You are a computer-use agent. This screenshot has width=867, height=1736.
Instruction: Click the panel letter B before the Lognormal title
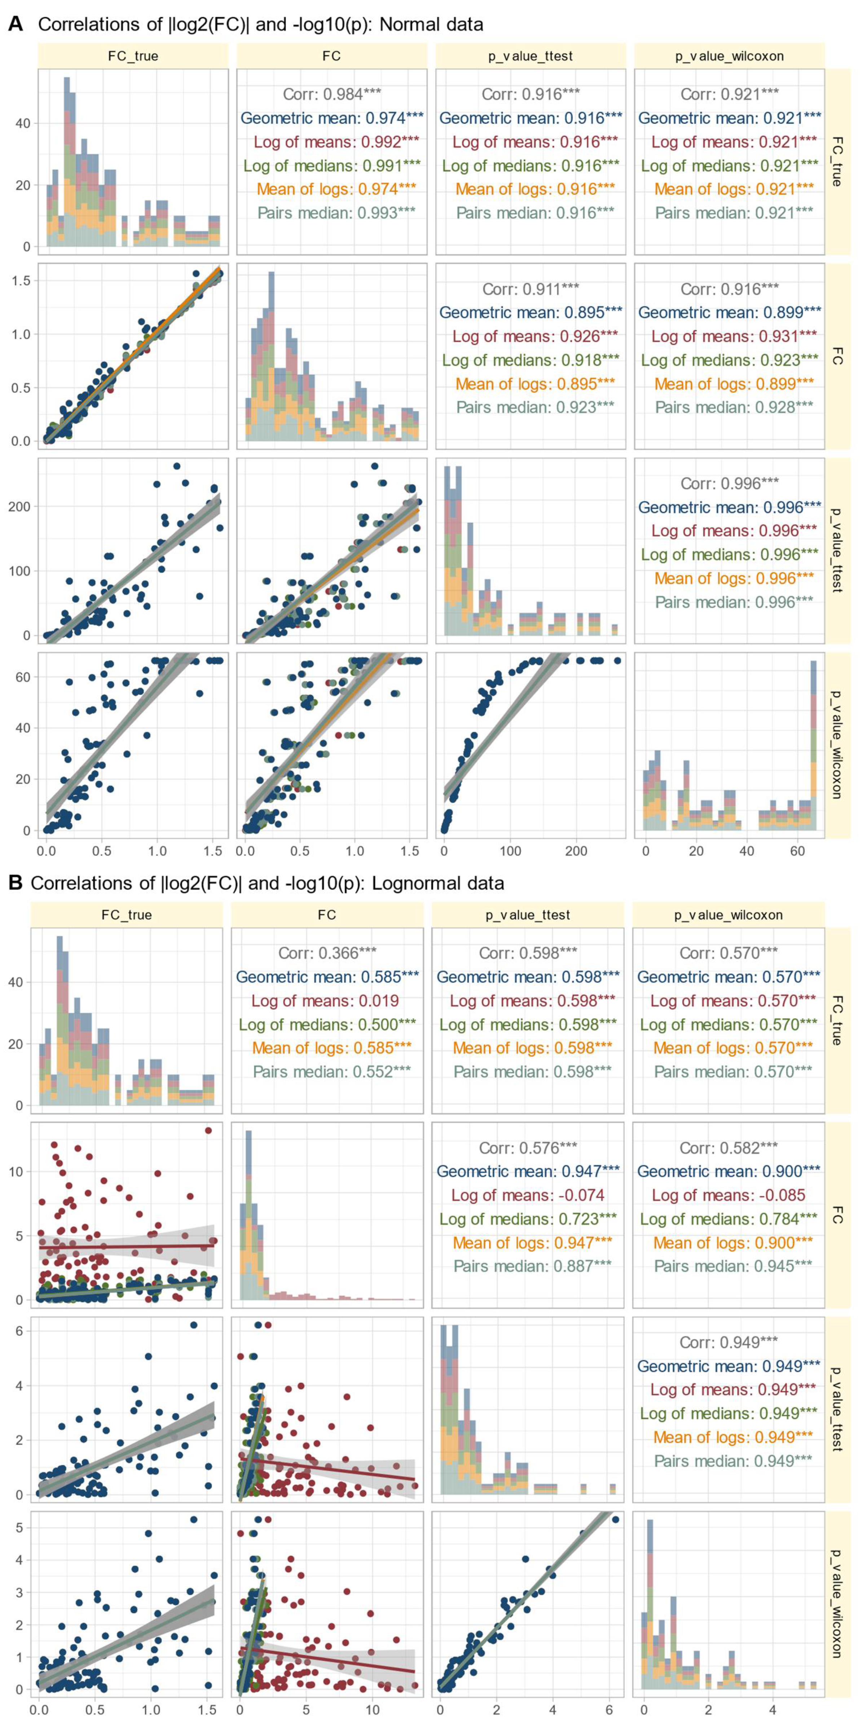pos(15,883)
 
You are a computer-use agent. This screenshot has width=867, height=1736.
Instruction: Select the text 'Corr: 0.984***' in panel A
pos(332,95)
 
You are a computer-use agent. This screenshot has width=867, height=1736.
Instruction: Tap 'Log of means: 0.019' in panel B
pos(325,1001)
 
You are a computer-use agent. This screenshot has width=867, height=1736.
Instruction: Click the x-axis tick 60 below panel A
pos(797,851)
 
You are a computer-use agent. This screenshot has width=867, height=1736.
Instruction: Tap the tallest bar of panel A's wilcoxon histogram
pos(813,741)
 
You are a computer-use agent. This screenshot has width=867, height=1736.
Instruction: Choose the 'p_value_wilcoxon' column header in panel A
pos(730,56)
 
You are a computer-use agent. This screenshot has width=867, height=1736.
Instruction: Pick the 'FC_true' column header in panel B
pos(126,915)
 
